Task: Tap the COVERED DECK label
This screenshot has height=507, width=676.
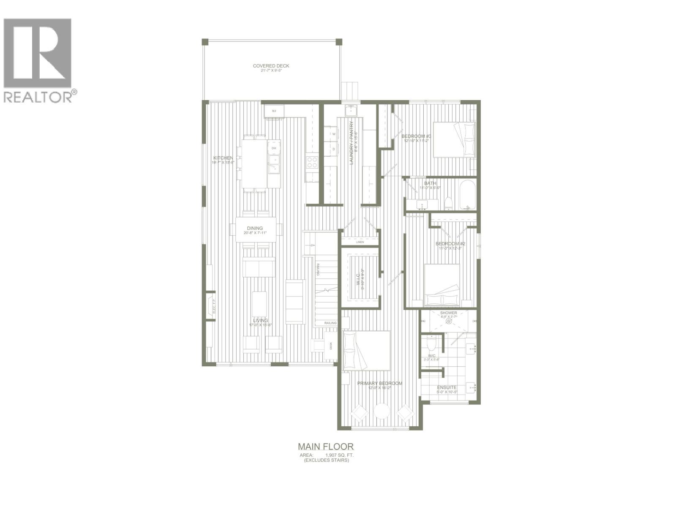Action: pyautogui.click(x=271, y=66)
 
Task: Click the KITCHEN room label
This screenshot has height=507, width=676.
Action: pyautogui.click(x=223, y=158)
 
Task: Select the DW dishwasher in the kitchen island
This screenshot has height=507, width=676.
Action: pyautogui.click(x=274, y=148)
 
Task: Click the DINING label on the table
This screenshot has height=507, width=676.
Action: pyautogui.click(x=255, y=228)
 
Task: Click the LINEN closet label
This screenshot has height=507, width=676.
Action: pyautogui.click(x=360, y=242)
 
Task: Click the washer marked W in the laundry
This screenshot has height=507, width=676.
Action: pyautogui.click(x=333, y=134)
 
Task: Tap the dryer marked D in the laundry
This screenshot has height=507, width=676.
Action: pyautogui.click(x=333, y=149)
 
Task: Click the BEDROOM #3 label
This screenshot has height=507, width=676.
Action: pyautogui.click(x=416, y=136)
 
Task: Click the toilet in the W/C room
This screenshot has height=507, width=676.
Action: pyautogui.click(x=431, y=344)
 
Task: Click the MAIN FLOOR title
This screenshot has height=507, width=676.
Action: pyautogui.click(x=325, y=446)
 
